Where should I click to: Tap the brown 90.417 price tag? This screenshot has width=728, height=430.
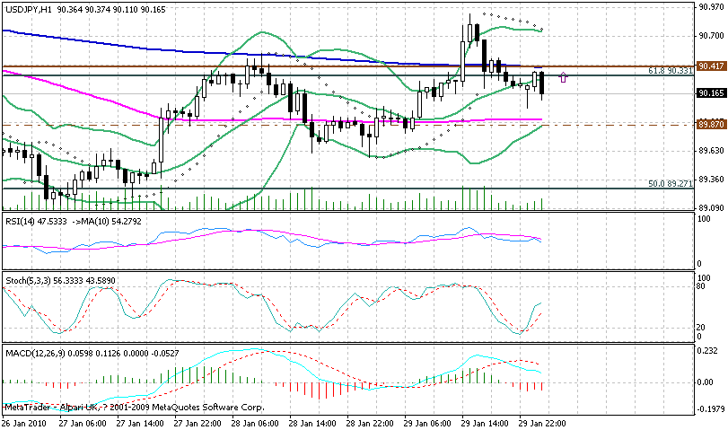pyautogui.click(x=711, y=66)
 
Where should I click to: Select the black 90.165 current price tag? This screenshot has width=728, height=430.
pyautogui.click(x=711, y=92)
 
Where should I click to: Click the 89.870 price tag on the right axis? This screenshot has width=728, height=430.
pyautogui.click(x=711, y=125)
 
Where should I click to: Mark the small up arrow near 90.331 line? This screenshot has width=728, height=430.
pyautogui.click(x=563, y=77)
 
